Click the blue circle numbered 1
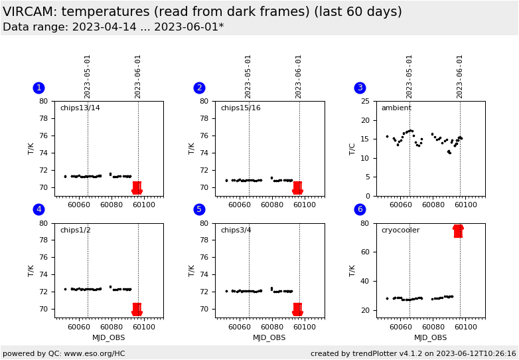pyautogui.click(x=38, y=88)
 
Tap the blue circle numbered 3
pyautogui.click(x=360, y=88)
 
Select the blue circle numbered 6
pyautogui.click(x=360, y=209)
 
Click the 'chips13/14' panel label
pyautogui.click(x=80, y=108)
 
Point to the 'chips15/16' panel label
pyautogui.click(x=240, y=108)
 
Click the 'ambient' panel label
pyautogui.click(x=396, y=108)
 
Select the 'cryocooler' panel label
pyautogui.click(x=401, y=230)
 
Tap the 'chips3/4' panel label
pyautogui.click(x=238, y=230)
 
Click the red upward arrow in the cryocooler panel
pyautogui.click(x=458, y=230)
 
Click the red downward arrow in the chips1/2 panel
pyautogui.click(x=137, y=310)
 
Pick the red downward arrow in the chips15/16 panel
pyautogui.click(x=297, y=188)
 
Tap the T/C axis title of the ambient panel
pyautogui.click(x=352, y=148)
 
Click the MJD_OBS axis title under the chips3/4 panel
pyautogui.click(x=269, y=337)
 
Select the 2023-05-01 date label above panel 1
pyautogui.click(x=88, y=76)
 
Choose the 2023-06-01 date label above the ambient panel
pyautogui.click(x=460, y=76)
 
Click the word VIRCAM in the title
pyautogui.click(x=29, y=11)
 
